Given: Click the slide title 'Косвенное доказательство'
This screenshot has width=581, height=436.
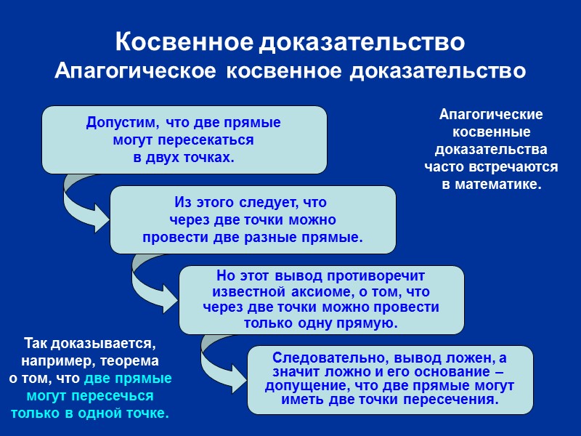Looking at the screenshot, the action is point(290,42).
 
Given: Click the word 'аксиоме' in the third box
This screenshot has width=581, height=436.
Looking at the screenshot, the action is point(338,292).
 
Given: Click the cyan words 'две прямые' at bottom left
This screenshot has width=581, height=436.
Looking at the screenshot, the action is point(128,379).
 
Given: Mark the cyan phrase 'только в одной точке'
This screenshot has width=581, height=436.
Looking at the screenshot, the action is point(90,413).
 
